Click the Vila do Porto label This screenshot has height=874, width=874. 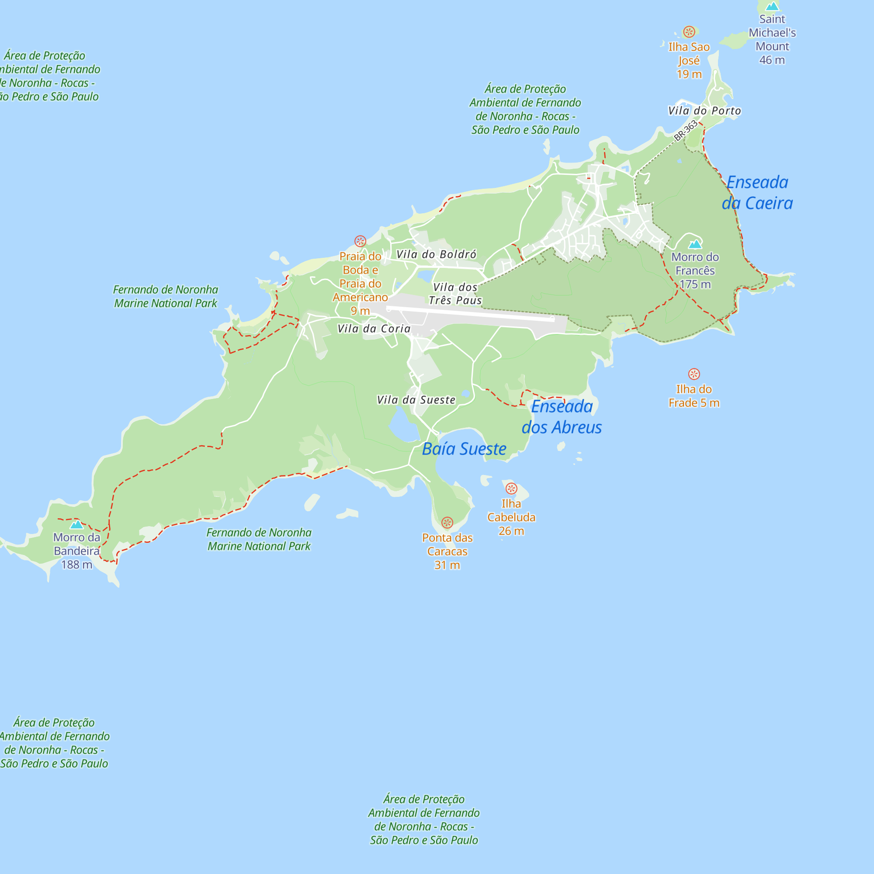[x=704, y=111]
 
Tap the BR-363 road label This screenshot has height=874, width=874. [x=686, y=130]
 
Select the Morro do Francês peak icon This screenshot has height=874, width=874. [x=695, y=244]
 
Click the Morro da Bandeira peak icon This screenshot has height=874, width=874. [x=76, y=525]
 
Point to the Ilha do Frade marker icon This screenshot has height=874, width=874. [x=694, y=374]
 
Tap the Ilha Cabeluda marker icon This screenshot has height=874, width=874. [x=511, y=489]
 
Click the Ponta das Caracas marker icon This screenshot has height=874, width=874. [x=447, y=523]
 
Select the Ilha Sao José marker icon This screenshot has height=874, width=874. [x=689, y=31]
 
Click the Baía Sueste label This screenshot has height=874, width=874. [x=464, y=449]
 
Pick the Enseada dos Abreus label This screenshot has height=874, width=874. [x=562, y=416]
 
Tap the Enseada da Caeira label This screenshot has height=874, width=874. [x=757, y=193]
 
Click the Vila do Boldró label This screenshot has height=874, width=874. [x=436, y=254]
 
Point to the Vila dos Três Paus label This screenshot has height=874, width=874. [x=455, y=294]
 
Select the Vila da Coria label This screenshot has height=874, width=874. [x=374, y=329]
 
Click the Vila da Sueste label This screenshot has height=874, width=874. [x=416, y=400]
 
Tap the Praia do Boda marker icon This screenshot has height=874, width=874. [x=360, y=241]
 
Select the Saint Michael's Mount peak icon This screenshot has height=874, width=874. [x=772, y=6]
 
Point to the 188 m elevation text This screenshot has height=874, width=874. [x=76, y=565]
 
